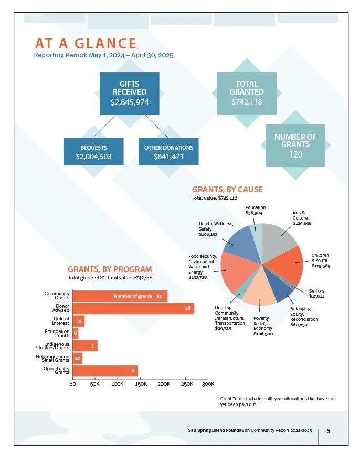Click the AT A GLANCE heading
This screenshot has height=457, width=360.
pos(86,44)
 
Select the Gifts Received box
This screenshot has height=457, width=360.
pos(129,94)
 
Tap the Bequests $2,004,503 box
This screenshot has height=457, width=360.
pos(94,151)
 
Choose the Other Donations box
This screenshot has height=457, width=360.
pos(168,151)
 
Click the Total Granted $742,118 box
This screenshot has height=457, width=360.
pos(247,94)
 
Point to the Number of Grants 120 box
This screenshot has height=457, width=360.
pos(295,146)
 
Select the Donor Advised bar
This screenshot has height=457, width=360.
pos(133,308)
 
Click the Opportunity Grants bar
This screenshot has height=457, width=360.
pos(105,371)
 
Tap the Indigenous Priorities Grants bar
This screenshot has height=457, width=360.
pos(85,346)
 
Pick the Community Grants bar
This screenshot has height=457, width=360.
pos(120,296)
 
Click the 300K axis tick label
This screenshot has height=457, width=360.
pos(208,384)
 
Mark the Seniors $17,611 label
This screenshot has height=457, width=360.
pos(316,294)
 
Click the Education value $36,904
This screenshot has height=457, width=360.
pos(254,213)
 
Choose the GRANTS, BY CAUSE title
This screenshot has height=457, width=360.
pos(227,190)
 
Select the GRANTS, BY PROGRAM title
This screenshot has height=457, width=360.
pos(110,269)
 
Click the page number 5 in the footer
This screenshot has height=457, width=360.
pos(329,431)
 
